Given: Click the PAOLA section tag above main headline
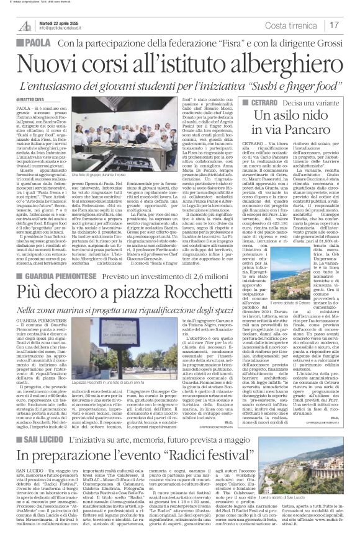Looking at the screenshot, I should click(24, 43).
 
